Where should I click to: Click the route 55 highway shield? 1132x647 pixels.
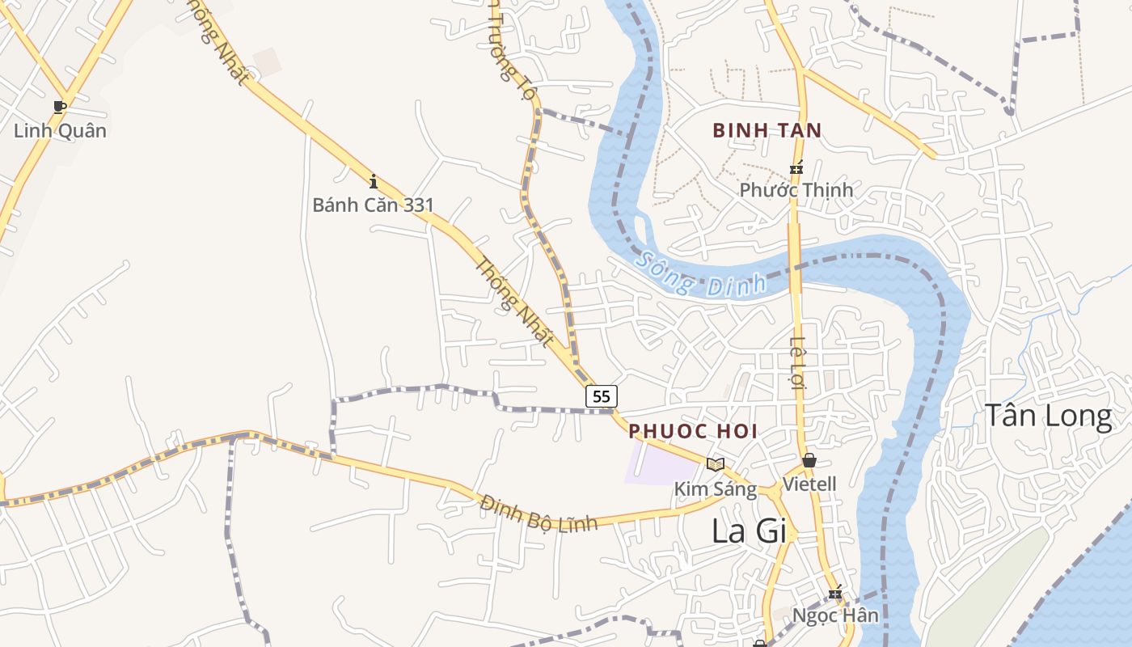click(601, 396)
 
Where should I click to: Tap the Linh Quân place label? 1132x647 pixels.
click(60, 130)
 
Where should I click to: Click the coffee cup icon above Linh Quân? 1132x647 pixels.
click(59, 107)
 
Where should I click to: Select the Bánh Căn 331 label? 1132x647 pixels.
click(374, 205)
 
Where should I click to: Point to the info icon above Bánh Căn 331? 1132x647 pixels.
click(373, 180)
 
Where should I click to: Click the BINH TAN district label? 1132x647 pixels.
click(767, 130)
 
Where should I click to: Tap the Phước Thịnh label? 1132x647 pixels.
click(796, 190)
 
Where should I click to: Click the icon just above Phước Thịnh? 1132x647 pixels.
click(796, 169)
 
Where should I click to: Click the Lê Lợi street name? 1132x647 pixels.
click(798, 362)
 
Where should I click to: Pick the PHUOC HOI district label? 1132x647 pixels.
click(694, 431)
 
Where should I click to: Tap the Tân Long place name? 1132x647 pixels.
click(1048, 415)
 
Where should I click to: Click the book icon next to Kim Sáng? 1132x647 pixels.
click(715, 464)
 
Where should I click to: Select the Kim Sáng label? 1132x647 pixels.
click(715, 489)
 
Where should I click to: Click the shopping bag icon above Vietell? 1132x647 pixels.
click(809, 461)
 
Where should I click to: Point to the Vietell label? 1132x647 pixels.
click(809, 484)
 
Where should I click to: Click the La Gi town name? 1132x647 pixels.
click(749, 531)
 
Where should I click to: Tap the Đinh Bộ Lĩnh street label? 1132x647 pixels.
click(539, 513)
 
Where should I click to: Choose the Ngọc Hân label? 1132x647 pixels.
click(835, 615)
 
